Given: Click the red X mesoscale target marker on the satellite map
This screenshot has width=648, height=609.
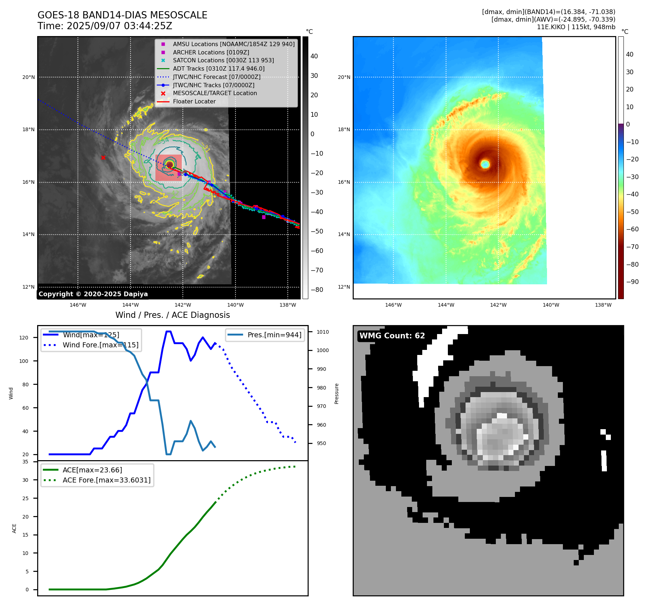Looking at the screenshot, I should pos(103,157).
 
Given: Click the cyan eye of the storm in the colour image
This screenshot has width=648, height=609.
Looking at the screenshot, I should pos(485,164).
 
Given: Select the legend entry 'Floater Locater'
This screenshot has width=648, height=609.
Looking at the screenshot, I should pos(194,102).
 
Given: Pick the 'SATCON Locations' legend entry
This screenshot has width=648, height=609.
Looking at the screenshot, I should pos(223,61).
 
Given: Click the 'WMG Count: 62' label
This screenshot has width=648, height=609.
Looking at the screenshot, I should pos(392,336).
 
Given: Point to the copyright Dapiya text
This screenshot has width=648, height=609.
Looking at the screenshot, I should pos(93,294).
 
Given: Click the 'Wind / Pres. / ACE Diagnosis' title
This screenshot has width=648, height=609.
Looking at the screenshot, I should pos(172,315).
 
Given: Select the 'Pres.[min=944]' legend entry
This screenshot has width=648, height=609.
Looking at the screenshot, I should pos(274,335).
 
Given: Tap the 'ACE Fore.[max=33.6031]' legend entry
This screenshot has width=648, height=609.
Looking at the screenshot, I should pos(106,480).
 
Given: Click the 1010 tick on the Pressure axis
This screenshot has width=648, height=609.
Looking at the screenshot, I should pos(323,332).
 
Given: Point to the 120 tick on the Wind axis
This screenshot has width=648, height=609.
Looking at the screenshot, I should pos(24,338).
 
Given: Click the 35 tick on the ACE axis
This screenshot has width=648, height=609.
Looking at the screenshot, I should pos(25,462).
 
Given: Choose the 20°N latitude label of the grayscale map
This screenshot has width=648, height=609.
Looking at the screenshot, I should pos(29,77).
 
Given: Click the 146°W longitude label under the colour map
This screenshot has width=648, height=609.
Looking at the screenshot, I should pos(393,305).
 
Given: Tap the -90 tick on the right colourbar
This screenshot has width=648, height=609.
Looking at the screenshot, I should pos(632,282).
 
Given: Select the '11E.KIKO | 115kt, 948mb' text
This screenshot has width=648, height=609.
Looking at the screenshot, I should pos(576,27).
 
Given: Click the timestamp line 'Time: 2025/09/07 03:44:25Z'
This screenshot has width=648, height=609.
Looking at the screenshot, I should pos(105,26).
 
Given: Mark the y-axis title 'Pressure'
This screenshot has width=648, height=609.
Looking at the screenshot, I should pos(336,394).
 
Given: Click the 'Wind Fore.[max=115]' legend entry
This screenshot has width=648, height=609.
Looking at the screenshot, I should pos(100,345).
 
